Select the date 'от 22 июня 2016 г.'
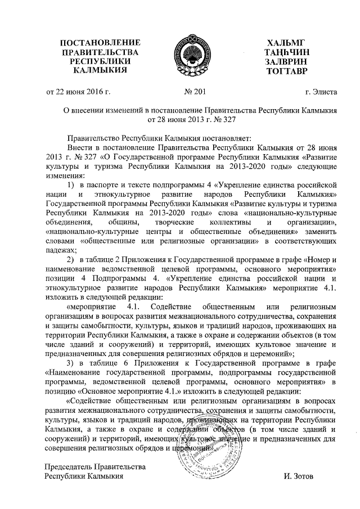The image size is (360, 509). coord(78,92)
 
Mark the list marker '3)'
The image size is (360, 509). coord(71,362)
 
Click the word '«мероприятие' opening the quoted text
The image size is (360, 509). coord(91,306)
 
